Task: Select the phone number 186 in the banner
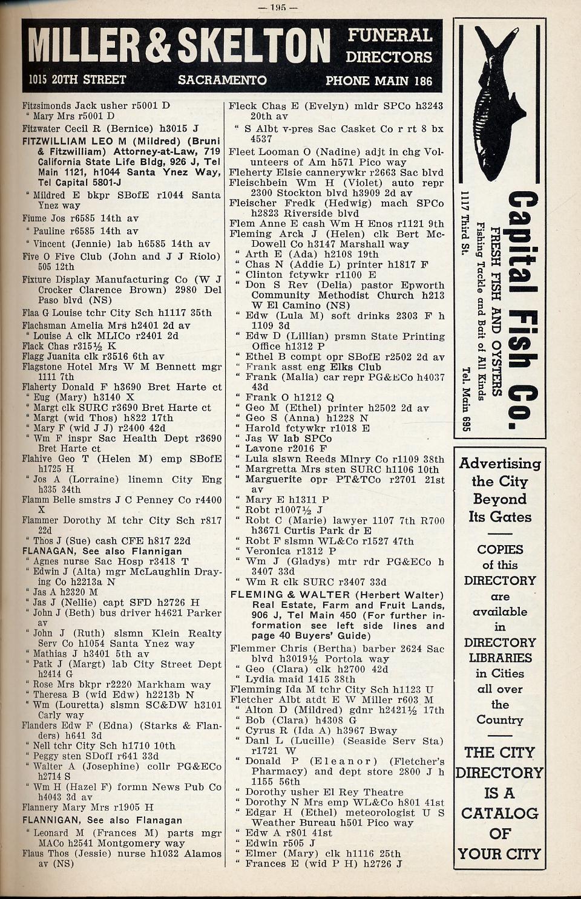423,80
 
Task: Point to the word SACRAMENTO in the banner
222,80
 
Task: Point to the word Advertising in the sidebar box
499,464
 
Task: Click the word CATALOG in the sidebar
499,813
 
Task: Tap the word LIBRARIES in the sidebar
499,658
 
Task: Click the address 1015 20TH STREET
77,80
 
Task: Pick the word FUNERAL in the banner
389,36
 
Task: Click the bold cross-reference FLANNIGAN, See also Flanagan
102,820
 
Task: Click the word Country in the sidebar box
499,720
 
